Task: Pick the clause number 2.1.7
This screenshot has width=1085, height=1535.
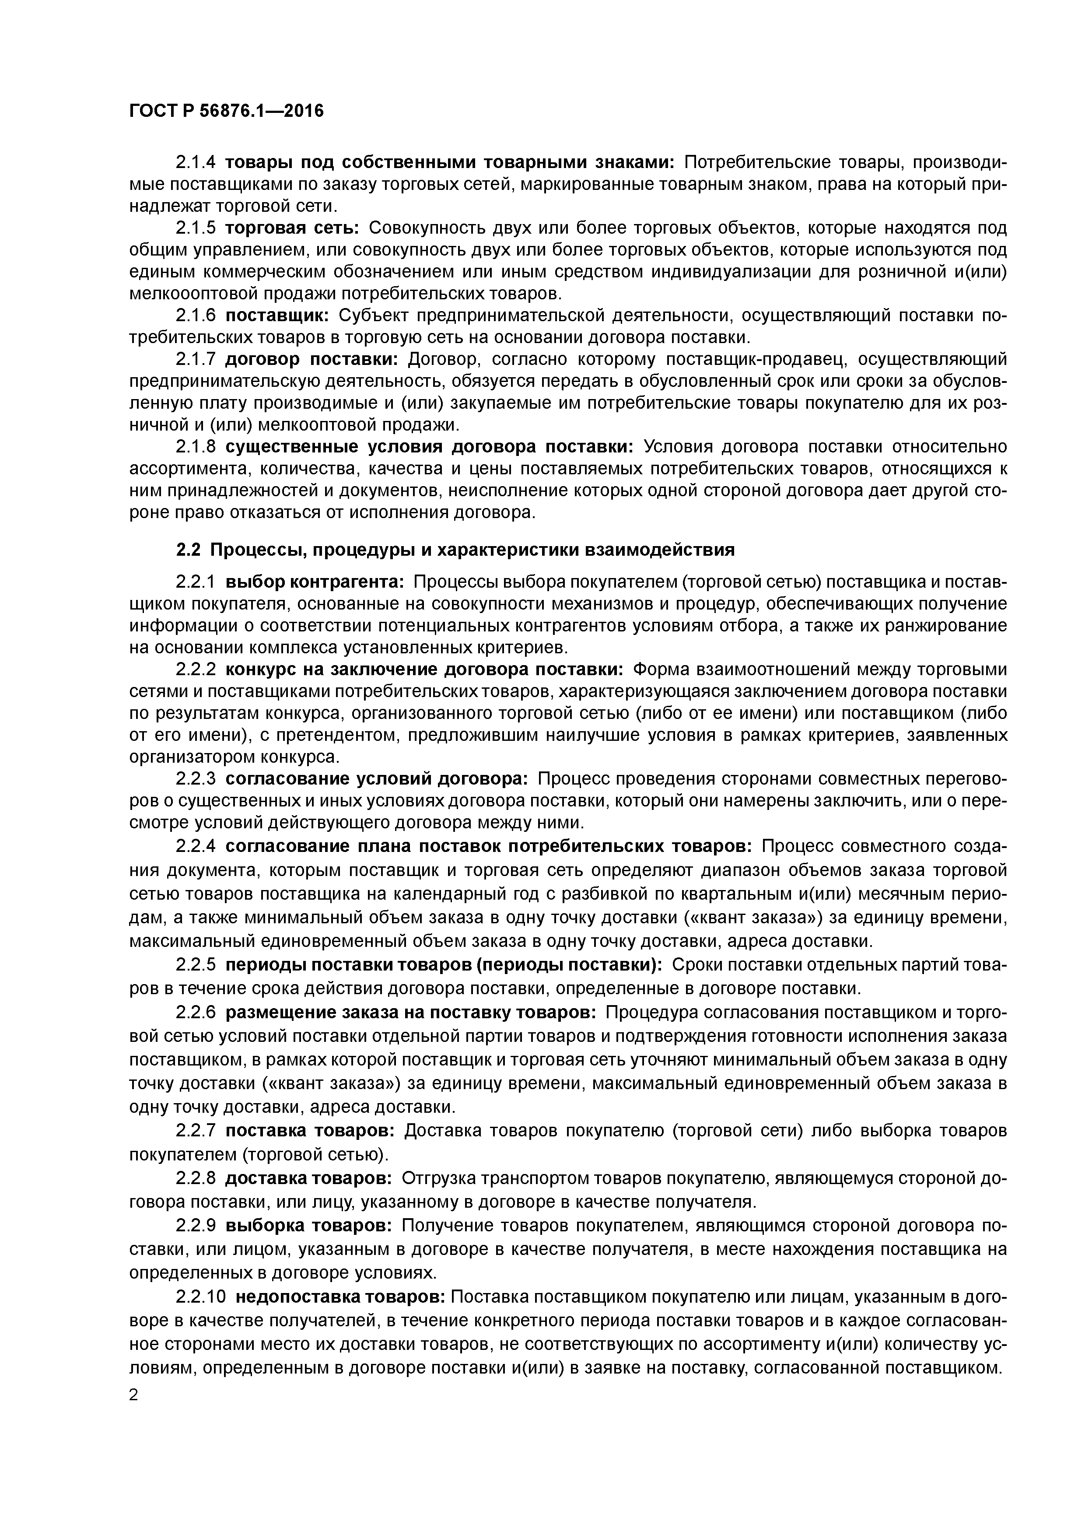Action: [x=195, y=360]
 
